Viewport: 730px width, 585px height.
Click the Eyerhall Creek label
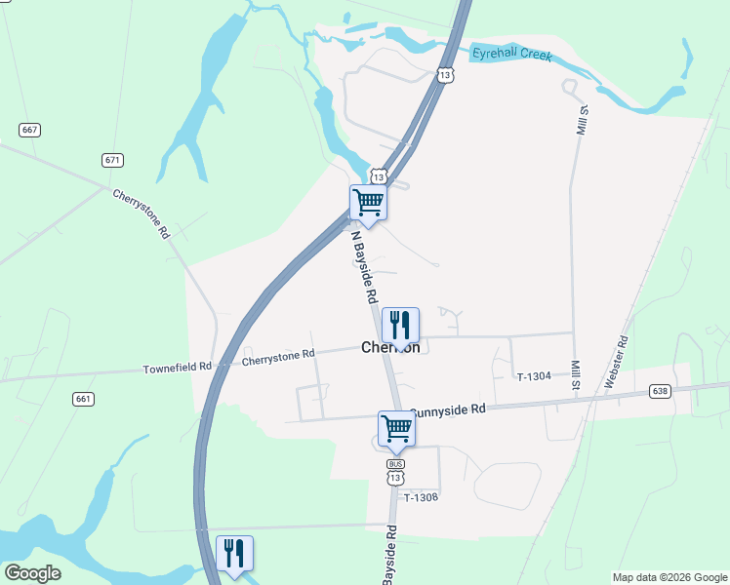tap(511, 55)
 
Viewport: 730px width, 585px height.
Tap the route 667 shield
tap(29, 130)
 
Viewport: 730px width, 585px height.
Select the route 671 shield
tap(112, 160)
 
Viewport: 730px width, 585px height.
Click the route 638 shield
tap(661, 391)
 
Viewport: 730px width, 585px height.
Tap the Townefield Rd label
tap(177, 368)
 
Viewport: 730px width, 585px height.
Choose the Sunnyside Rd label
tap(447, 410)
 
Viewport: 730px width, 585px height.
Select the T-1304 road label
tap(534, 376)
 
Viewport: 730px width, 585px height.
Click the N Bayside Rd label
tap(364, 265)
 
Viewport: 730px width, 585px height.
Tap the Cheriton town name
tap(390, 347)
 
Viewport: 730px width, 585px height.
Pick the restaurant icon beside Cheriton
tap(400, 325)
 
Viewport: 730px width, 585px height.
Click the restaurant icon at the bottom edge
tap(234, 554)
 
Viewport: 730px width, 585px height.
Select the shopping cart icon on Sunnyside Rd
tap(396, 428)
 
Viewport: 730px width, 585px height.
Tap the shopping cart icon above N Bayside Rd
tap(368, 202)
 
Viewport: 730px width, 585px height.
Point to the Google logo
tap(32, 573)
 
